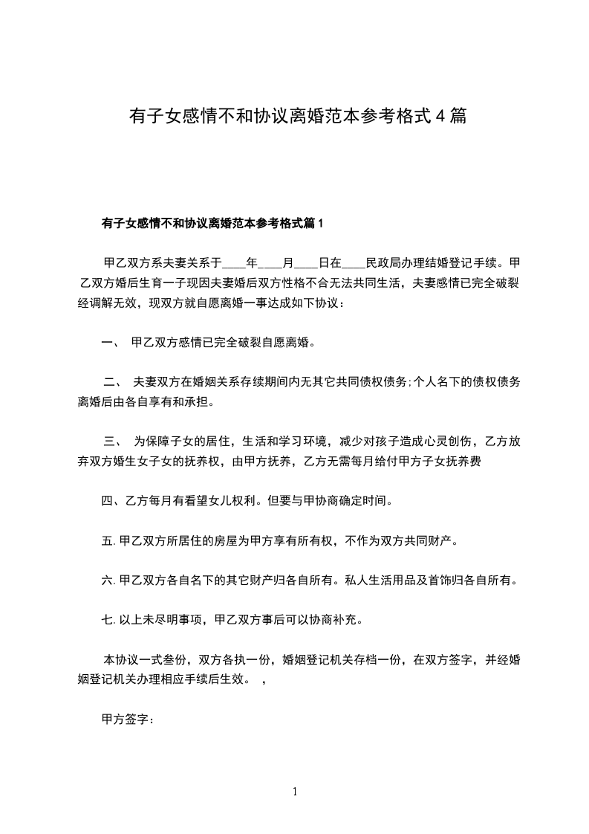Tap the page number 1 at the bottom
pyautogui.click(x=295, y=792)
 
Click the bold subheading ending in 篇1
pyautogui.click(x=212, y=223)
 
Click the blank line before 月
pyautogui.click(x=270, y=263)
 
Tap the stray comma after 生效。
pyautogui.click(x=265, y=679)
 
